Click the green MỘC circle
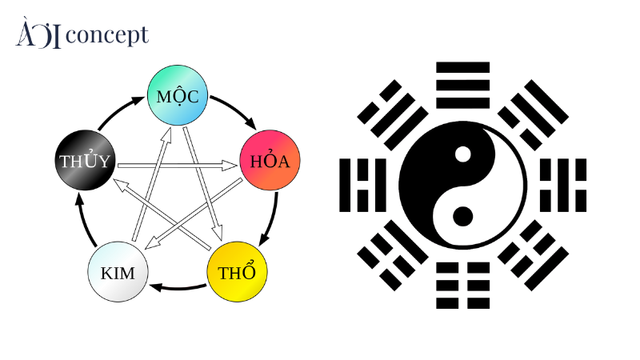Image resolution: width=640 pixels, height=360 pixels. tap(178, 95)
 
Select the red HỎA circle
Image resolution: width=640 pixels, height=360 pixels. tap(270, 160)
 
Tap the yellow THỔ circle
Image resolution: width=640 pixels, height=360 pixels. tap(237, 272)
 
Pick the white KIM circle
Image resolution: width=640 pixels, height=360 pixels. tap(118, 272)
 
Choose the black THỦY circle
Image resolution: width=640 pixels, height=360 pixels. tap(86, 160)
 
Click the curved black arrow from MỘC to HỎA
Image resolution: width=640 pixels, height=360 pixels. tap(236, 108)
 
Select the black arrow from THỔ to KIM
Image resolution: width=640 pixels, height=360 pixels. tap(178, 288)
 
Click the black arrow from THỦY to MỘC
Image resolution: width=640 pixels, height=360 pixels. tap(119, 110)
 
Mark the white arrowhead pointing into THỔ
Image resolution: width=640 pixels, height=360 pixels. tap(218, 233)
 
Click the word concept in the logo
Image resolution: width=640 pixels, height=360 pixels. tap(107, 35)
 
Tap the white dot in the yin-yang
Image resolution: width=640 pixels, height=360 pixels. tap(463, 154)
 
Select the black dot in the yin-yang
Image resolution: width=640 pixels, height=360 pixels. tap(463, 216)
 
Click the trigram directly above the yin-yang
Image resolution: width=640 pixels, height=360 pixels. tap(463, 86)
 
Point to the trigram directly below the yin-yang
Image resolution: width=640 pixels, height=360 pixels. tap(463, 286)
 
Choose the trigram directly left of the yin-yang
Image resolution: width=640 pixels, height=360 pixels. tap(362, 186)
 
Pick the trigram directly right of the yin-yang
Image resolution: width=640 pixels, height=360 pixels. tap(563, 186)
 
